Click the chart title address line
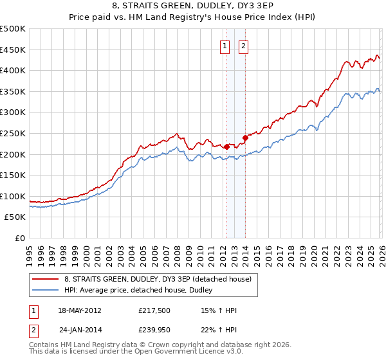pyautogui.click(x=192, y=7)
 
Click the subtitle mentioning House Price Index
pyautogui.click(x=192, y=19)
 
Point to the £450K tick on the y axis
pyautogui.click(x=13, y=50)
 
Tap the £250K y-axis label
pyautogui.click(x=13, y=133)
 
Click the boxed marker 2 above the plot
pyautogui.click(x=245, y=46)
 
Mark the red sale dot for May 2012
pyautogui.click(x=226, y=147)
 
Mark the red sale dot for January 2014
pyautogui.click(x=245, y=138)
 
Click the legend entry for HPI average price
pyautogui.click(x=142, y=290)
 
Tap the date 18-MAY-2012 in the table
pyautogui.click(x=80, y=310)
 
